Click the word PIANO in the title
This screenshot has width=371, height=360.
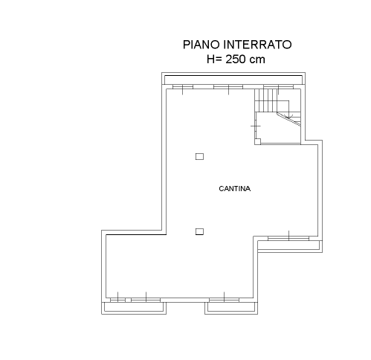click(x=201, y=45)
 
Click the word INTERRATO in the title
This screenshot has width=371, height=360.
click(x=257, y=45)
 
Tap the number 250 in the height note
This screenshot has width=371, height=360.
click(x=236, y=60)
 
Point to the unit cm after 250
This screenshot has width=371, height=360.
click(x=257, y=60)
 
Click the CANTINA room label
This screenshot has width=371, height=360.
click(x=235, y=189)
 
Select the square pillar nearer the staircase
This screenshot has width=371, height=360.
click(x=199, y=156)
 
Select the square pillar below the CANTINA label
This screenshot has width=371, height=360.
click(x=199, y=231)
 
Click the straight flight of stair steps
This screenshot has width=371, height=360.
click(x=266, y=100)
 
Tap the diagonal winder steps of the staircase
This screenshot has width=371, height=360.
click(x=289, y=119)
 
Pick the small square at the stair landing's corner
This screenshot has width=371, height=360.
click(x=258, y=141)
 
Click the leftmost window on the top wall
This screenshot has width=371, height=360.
click(x=183, y=87)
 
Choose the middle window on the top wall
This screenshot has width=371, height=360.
click(x=228, y=87)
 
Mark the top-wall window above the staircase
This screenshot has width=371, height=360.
click(x=278, y=87)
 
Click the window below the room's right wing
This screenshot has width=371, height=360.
click(x=288, y=239)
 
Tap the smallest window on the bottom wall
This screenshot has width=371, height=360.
click(x=117, y=300)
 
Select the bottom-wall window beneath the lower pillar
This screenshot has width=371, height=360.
click(x=224, y=300)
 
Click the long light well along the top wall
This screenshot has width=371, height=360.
click(x=233, y=79)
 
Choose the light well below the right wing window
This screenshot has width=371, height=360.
click(x=290, y=247)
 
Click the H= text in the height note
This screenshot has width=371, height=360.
click(x=214, y=60)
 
